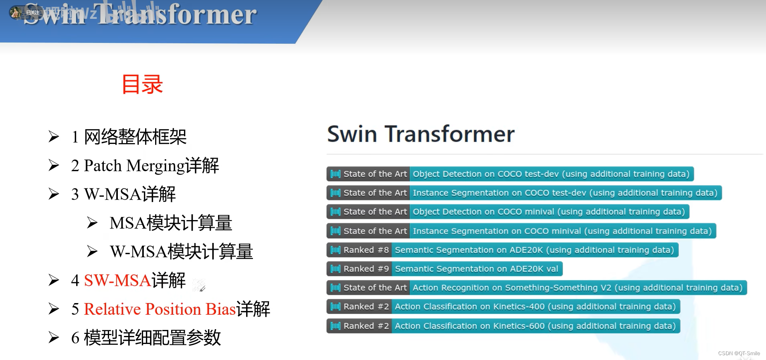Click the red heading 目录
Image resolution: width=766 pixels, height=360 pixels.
coord(142,85)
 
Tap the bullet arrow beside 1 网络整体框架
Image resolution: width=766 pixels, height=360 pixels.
coord(54,137)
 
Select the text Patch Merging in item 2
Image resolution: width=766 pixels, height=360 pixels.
coord(134,166)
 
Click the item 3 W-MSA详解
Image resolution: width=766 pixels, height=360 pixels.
coord(123,194)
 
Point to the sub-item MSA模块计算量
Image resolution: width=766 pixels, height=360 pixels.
coord(171,223)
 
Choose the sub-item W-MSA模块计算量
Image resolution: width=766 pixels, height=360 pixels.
coord(181,252)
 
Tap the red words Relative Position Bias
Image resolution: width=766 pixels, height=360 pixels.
coord(160,309)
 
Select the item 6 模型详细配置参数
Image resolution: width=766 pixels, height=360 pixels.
coord(146,338)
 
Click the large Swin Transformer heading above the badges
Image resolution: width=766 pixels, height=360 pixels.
coord(421,134)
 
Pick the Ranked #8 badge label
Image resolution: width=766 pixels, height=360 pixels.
coord(366,250)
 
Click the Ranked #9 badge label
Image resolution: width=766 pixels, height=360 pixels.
coord(366,269)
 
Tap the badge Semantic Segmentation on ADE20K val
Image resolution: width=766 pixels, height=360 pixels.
coord(477,269)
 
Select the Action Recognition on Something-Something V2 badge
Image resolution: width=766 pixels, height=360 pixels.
coord(578,288)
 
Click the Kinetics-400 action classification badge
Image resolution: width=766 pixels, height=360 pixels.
coord(535,307)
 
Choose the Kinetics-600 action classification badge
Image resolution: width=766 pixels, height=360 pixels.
coord(535,326)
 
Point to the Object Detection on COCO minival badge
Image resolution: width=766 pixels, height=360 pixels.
coord(549,212)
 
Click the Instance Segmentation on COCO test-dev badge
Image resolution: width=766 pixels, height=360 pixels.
coord(565,193)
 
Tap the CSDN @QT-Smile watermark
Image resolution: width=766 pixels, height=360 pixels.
coord(739,354)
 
